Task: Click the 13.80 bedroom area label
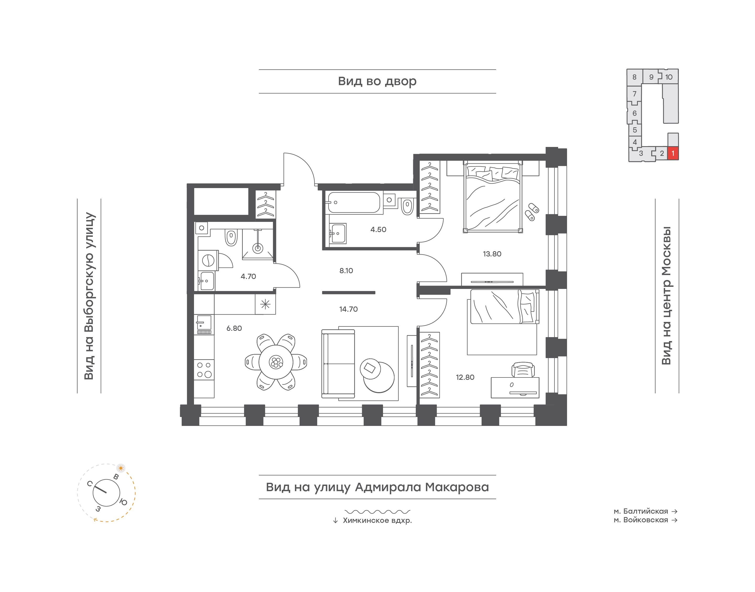tap(492, 254)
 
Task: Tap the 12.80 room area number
tap(465, 377)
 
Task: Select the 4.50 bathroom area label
tap(378, 229)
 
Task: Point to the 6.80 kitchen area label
tap(234, 328)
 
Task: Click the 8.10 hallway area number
tap(346, 271)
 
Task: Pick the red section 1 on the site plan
tap(673, 153)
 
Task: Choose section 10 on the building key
tap(669, 77)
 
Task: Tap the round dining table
tap(276, 362)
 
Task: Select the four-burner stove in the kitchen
tap(204, 370)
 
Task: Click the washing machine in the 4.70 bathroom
tap(208, 260)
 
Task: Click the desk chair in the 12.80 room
tap(523, 370)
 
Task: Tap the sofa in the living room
tap(338, 364)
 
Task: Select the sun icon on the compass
tap(121, 468)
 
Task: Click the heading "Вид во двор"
tap(377, 81)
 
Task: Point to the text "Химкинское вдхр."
tap(377, 520)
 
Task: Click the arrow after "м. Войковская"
tap(674, 520)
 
